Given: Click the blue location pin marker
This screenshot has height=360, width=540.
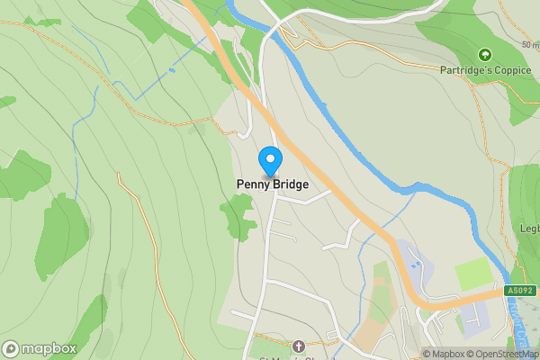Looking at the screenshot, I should point(269,161).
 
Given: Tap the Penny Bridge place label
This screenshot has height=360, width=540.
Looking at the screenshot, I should point(272,184).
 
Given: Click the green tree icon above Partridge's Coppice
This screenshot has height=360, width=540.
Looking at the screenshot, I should point(485,55).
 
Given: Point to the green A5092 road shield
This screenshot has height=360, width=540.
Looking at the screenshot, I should point(519,291).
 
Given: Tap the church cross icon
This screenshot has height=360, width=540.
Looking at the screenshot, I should point(299,345).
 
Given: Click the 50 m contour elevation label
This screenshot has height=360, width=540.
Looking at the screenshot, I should point(529,44).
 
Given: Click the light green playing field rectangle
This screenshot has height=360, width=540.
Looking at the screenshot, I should point(473,274).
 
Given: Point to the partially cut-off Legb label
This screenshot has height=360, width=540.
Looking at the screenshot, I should point(528,229).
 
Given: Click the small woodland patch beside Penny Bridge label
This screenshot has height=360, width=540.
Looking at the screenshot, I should point(238,215).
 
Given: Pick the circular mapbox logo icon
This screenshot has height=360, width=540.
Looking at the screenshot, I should point(11,348).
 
